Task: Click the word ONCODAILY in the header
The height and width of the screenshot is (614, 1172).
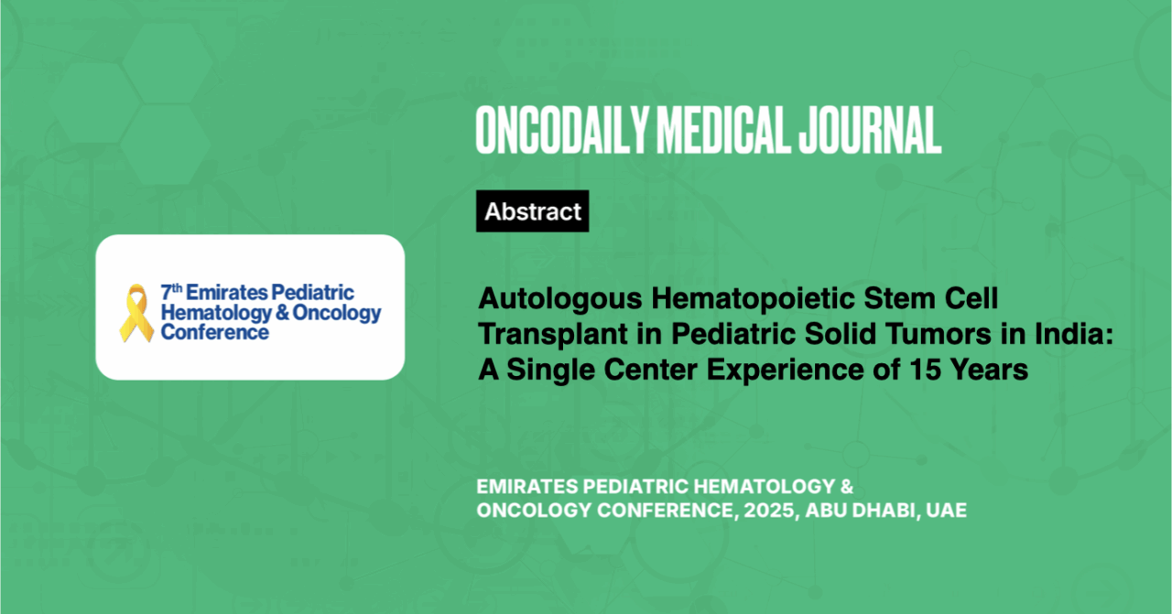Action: click(562, 130)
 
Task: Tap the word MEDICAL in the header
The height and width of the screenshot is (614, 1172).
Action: click(723, 130)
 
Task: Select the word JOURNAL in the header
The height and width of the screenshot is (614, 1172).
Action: click(870, 130)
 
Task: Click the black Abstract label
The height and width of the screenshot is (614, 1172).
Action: click(533, 210)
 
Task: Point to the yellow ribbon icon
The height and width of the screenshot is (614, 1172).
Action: click(136, 313)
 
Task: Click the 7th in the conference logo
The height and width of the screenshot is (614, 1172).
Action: click(171, 292)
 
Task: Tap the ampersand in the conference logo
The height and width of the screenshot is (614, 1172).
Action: click(282, 312)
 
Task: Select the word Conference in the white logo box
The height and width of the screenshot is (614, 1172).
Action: click(214, 332)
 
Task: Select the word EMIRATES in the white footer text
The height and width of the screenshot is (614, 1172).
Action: click(526, 487)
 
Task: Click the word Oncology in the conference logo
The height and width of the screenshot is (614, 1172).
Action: click(336, 313)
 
